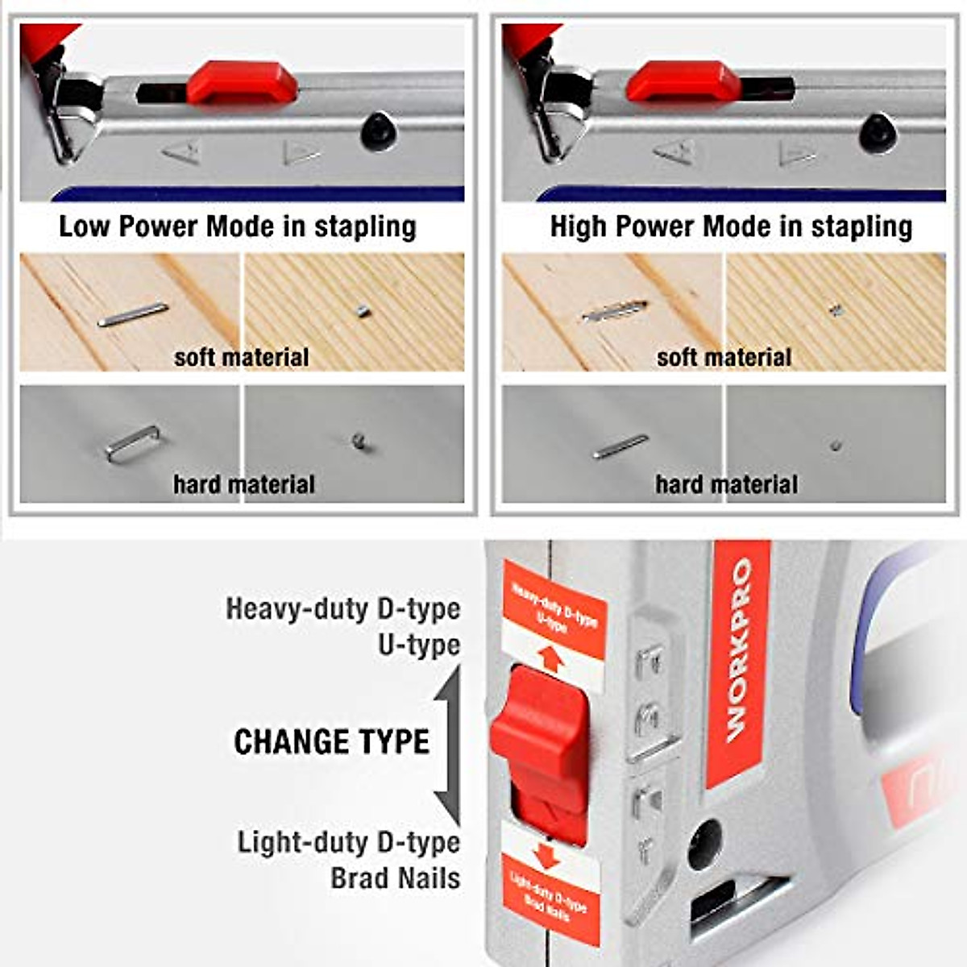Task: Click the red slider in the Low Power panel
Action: coord(242,83)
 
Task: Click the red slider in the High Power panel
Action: coord(683,82)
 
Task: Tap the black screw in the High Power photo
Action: coord(878,132)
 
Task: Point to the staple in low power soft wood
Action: coord(133,314)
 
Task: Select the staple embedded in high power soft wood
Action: coord(614,312)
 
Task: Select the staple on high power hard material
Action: coord(620,446)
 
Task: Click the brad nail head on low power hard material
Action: coord(359,441)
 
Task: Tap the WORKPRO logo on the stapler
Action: coord(738,653)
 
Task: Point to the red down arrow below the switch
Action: coord(546,855)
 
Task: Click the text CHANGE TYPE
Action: coord(331,742)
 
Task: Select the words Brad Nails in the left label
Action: coord(395,878)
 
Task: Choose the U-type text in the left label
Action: coord(419,645)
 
